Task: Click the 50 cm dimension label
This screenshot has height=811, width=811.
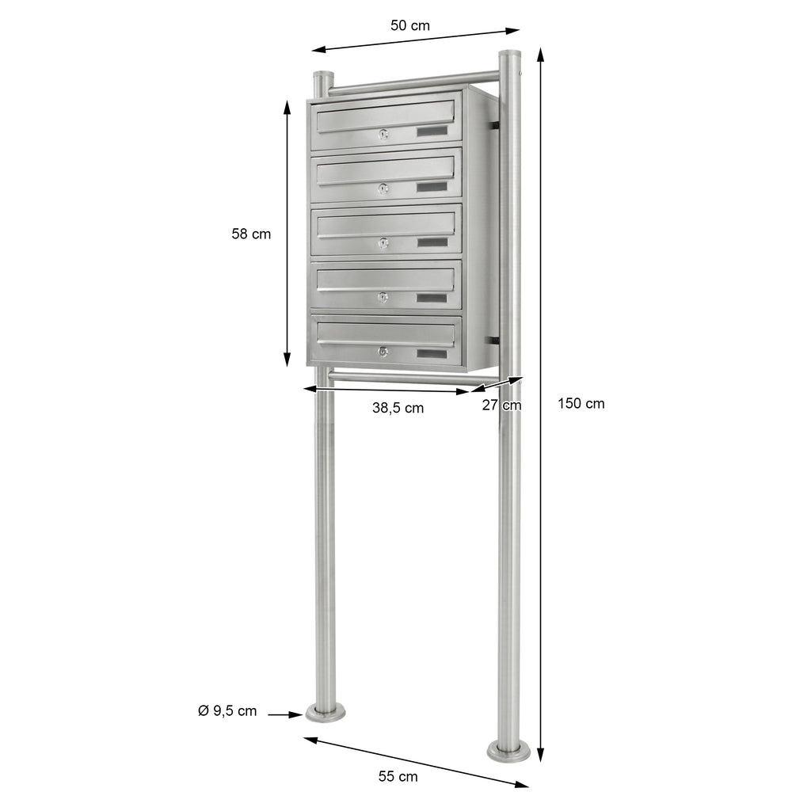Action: [409, 25]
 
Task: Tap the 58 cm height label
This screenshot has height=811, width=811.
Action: [251, 234]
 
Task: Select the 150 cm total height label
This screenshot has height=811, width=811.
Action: [581, 403]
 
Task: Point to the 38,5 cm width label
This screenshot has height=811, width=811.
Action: [398, 408]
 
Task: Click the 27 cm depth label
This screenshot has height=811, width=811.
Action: [501, 405]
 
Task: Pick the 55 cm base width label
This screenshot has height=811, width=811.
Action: [398, 776]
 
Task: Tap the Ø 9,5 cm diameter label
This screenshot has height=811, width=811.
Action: [227, 710]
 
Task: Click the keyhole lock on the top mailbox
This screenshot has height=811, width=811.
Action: [383, 135]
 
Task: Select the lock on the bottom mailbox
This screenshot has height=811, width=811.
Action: [383, 352]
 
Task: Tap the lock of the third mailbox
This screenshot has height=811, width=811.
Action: [383, 243]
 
